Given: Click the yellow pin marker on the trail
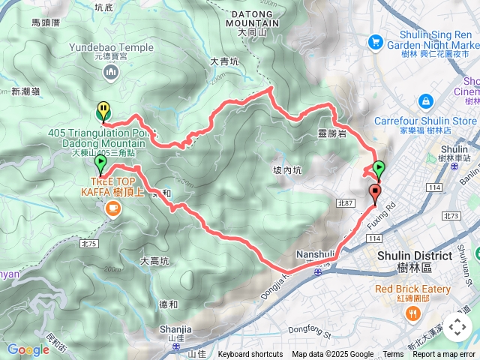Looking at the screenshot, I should (103, 111).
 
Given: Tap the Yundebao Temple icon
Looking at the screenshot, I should (112, 72).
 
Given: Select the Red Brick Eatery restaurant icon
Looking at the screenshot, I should (412, 313).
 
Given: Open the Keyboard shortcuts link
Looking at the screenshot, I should (250, 355).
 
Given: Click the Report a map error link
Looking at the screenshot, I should (445, 355).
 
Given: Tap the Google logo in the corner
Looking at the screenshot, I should (28, 349).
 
